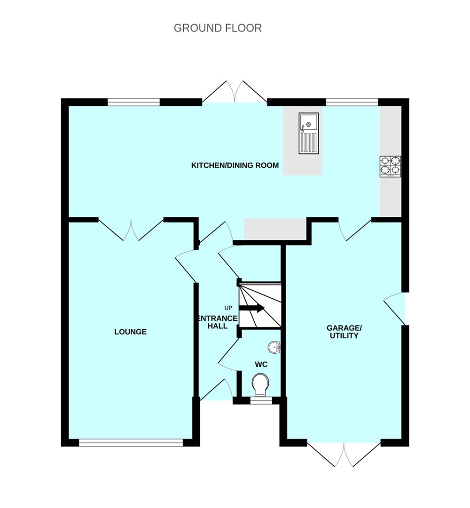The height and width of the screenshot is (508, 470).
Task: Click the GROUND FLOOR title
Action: pos(218,28)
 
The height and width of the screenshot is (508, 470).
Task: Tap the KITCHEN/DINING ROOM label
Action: pos(235,165)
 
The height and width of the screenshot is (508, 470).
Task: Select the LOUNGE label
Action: pos(130,332)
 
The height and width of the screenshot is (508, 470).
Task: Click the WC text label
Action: pos(261,364)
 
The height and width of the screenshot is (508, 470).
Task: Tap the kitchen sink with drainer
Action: pos(308,133)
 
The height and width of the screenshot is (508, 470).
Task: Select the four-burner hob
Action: pos(390,166)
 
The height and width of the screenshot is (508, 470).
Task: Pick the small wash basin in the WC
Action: pos(274,348)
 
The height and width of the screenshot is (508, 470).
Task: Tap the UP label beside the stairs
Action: pos(228,308)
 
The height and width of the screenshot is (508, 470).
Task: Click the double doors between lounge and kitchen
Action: pos(131,230)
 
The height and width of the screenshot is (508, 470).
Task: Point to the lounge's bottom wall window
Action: pos(131,442)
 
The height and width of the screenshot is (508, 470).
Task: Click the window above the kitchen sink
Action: pos(352,102)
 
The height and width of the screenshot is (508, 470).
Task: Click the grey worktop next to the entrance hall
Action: pos(275,229)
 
